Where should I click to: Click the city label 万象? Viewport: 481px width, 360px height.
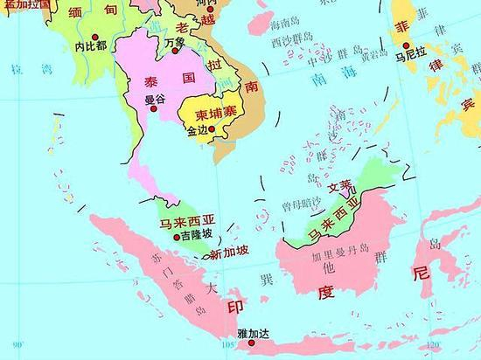[x=175, y=40]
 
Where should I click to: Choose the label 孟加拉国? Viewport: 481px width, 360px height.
[x=23, y=4]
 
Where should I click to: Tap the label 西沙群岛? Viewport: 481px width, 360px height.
[x=291, y=39]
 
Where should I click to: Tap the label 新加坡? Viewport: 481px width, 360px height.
[x=230, y=253]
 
